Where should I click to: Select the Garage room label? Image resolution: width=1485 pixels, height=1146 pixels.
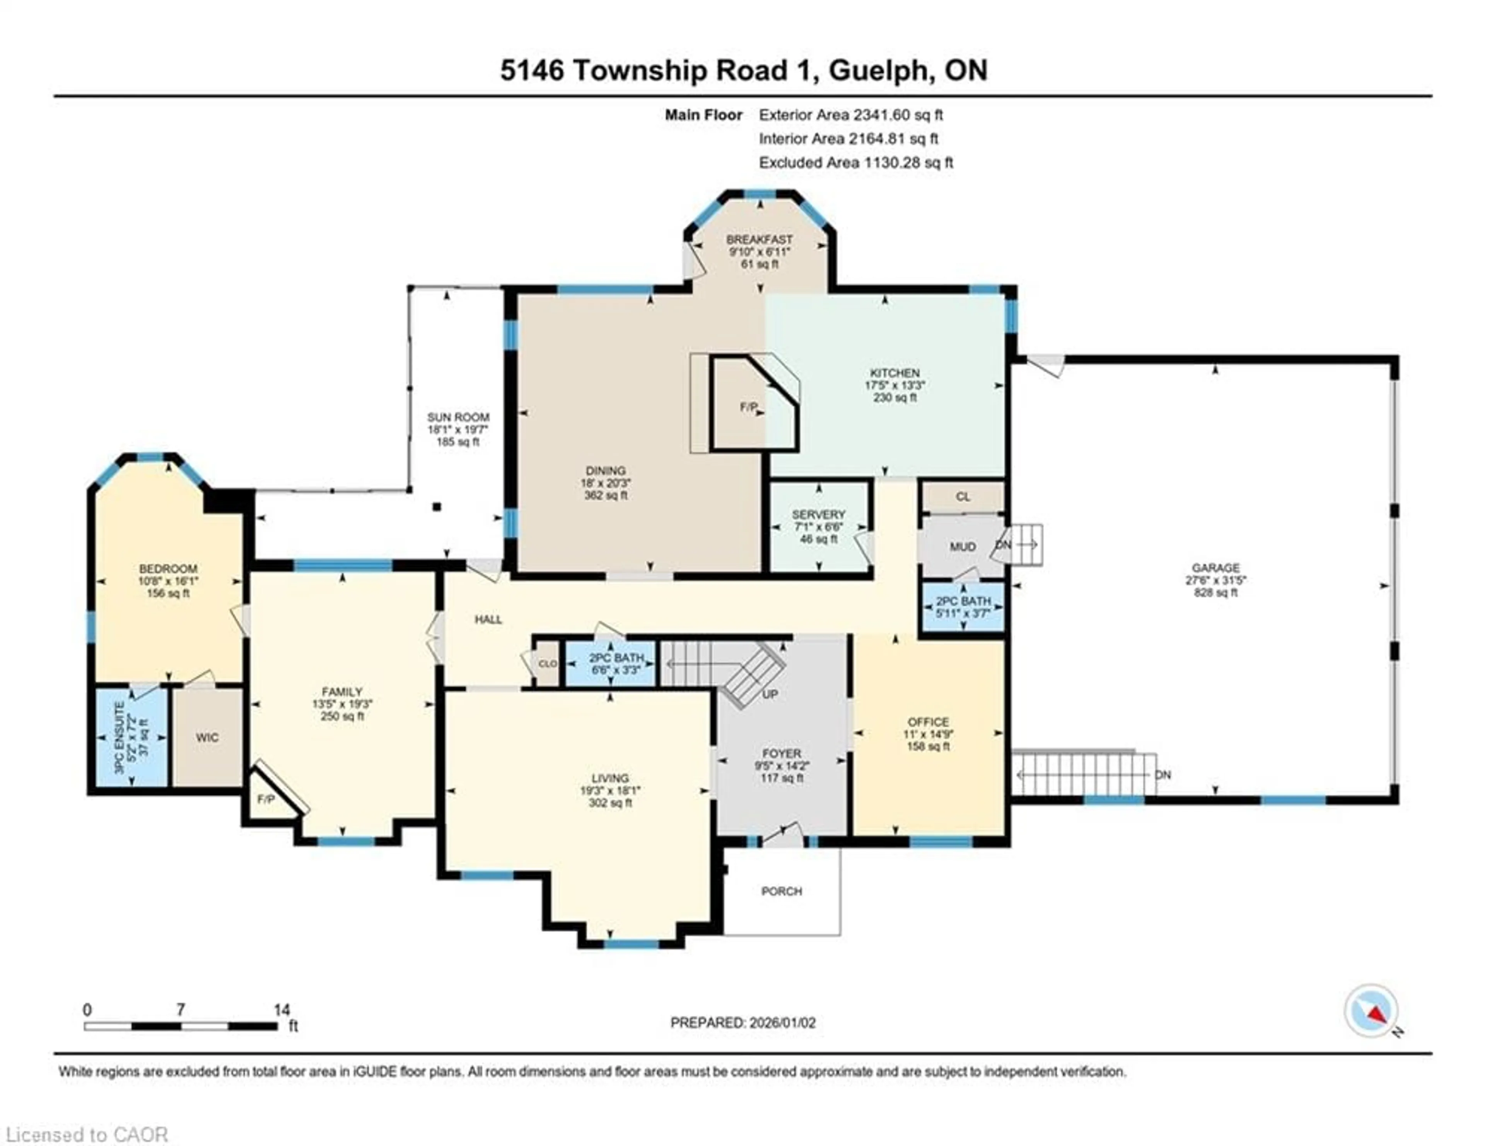[1216, 568]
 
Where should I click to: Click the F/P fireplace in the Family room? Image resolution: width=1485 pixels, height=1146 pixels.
[266, 799]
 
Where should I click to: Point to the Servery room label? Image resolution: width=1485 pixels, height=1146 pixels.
[819, 515]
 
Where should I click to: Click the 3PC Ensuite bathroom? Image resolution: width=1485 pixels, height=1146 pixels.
[131, 737]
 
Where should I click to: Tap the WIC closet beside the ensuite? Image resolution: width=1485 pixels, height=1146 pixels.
[207, 737]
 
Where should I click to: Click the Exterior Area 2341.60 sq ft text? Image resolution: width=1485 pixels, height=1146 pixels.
[851, 115]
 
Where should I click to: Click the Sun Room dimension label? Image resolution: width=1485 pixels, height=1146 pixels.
[457, 430]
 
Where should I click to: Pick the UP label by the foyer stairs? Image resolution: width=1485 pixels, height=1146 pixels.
[770, 694]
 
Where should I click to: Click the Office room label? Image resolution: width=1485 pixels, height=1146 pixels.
[928, 722]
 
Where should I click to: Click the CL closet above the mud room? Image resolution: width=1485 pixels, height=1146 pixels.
[963, 497]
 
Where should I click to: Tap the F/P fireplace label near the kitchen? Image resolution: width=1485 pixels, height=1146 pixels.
[749, 407]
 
